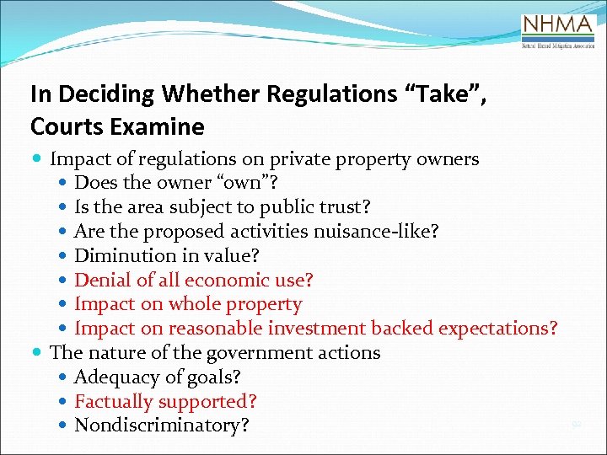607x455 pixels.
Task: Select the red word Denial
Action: (102, 280)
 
